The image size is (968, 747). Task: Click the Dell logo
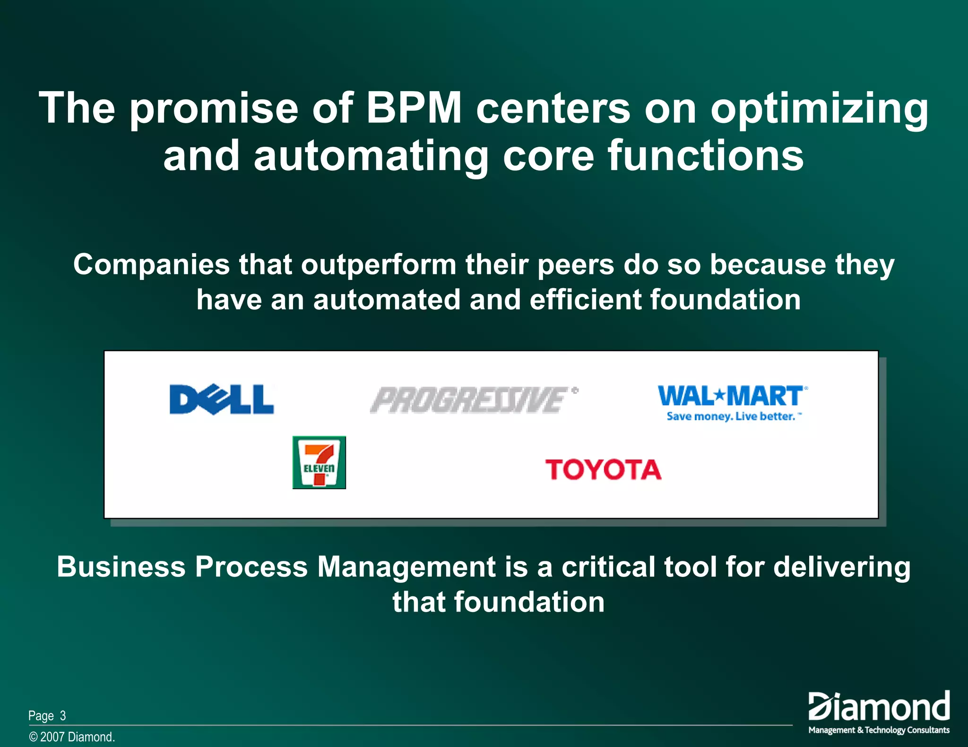point(222,399)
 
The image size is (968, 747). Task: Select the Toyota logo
point(603,470)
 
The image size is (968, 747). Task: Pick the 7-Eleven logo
point(319,463)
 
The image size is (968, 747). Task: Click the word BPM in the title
point(414,108)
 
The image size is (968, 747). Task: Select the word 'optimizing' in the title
point(820,110)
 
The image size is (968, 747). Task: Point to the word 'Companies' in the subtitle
point(151,265)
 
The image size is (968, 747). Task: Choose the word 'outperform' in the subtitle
point(379,265)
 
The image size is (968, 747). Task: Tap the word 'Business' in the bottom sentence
point(121,567)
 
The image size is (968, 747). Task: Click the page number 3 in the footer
point(63,716)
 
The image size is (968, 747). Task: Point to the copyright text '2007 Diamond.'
point(77,737)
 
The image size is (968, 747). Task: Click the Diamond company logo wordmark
point(879,707)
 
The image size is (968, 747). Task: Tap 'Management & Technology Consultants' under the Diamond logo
point(879,730)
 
